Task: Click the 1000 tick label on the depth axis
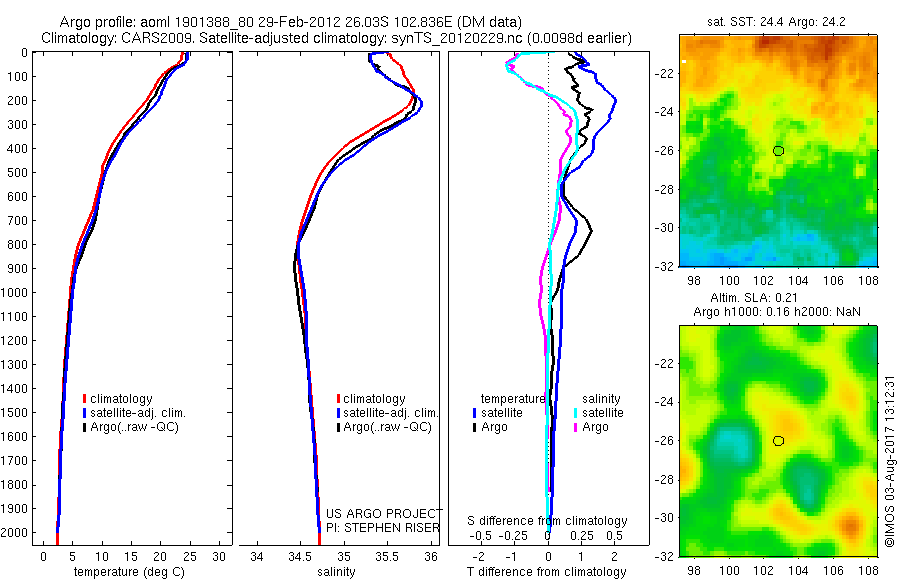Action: click(16, 293)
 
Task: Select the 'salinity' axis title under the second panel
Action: click(341, 573)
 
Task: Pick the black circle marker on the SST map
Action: click(778, 150)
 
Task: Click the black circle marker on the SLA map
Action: click(778, 440)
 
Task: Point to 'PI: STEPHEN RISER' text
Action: click(384, 526)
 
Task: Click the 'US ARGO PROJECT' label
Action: click(384, 513)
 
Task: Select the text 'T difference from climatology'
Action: click(549, 573)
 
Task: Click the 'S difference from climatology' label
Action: click(547, 521)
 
